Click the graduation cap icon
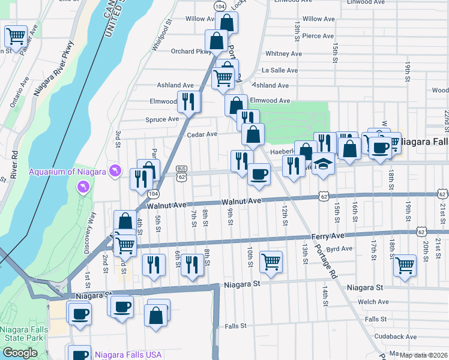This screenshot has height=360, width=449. [x=324, y=164]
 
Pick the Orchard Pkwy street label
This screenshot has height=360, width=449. [x=187, y=51]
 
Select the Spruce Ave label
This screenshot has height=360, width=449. [x=162, y=119]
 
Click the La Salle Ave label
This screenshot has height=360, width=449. [x=280, y=70]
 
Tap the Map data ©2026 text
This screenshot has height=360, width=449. [x=423, y=355]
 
